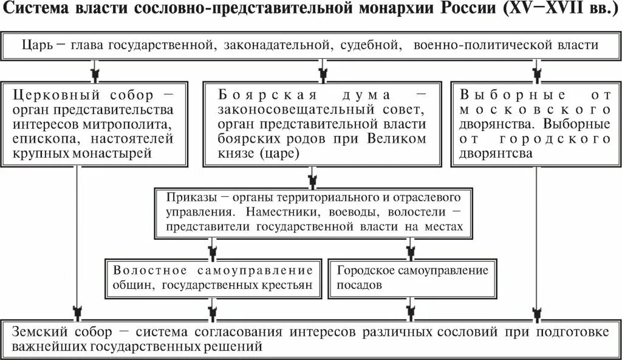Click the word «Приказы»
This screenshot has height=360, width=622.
188,199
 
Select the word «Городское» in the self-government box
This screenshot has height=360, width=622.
366,270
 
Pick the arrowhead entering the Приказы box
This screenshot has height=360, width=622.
313,180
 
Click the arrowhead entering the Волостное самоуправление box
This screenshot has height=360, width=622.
212,251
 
